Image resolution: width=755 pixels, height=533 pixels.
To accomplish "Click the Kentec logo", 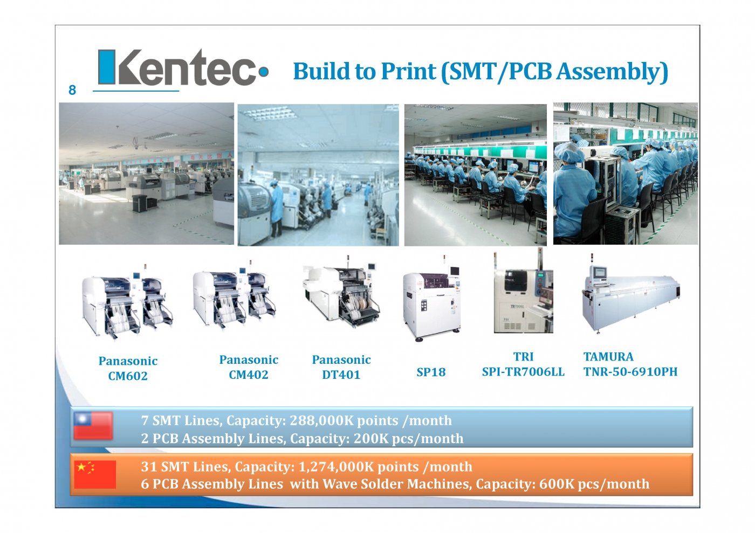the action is click(x=183, y=67).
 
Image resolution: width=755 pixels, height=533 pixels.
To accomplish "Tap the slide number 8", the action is click(x=72, y=90).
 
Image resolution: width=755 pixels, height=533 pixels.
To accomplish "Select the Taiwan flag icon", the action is click(x=93, y=426).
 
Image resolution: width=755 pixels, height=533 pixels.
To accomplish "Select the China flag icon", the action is click(x=95, y=474).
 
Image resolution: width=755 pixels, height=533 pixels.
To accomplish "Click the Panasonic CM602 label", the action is click(x=128, y=368).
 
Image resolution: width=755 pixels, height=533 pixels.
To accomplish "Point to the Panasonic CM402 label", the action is click(x=249, y=367).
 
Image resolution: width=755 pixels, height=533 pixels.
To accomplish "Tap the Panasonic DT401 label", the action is click(x=341, y=367).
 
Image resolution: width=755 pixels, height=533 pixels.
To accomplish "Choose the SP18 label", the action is click(x=431, y=372).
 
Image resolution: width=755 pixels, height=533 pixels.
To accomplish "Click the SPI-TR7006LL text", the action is click(x=523, y=372).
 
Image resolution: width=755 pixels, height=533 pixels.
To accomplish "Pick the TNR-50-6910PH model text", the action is click(x=630, y=372).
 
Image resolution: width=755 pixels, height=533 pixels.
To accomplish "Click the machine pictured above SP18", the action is click(x=432, y=299).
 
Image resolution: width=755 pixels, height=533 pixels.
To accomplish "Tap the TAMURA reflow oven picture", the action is click(x=631, y=294).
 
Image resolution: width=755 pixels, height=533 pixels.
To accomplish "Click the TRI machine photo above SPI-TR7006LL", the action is click(x=524, y=290).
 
